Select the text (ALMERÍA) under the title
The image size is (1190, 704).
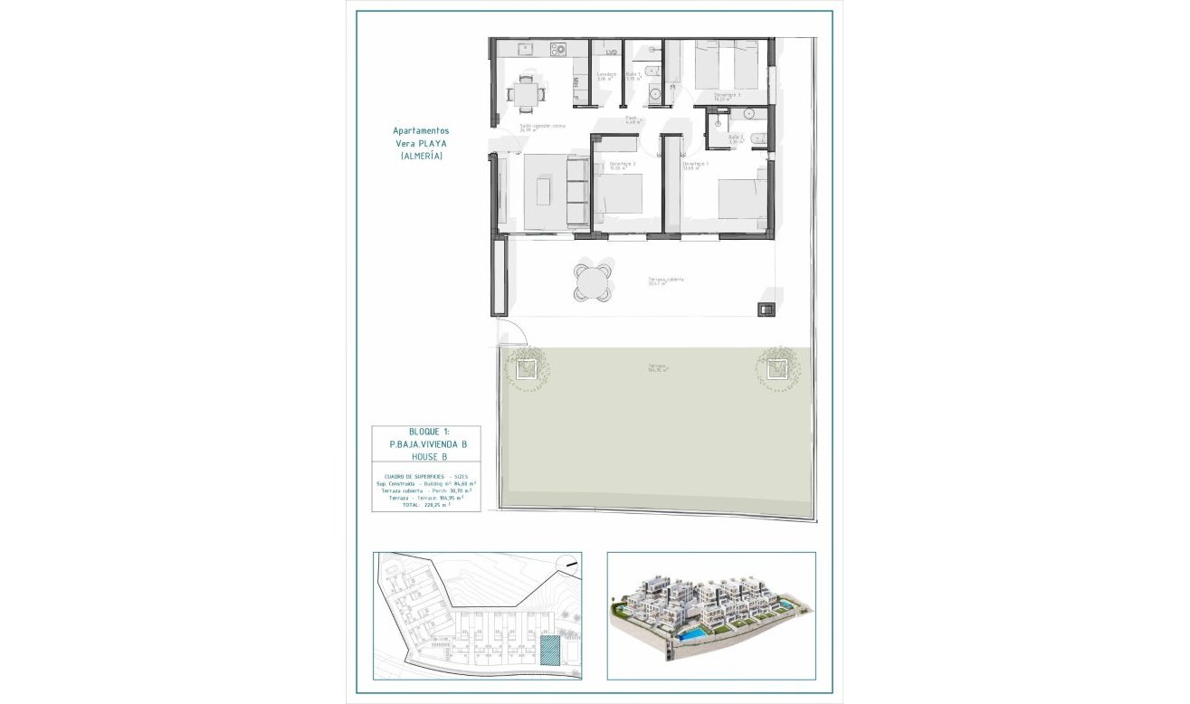click(x=422, y=156)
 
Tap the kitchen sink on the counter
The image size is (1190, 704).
click(x=524, y=49)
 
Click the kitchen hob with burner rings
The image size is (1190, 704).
click(x=558, y=49)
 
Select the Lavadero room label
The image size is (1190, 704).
click(x=606, y=75)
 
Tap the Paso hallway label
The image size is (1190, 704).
click(x=632, y=119)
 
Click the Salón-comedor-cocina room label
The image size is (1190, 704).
click(x=542, y=127)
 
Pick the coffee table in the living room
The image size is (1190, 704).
click(x=544, y=190)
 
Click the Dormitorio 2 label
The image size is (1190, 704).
click(x=623, y=165)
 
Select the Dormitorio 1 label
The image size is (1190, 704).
click(x=695, y=165)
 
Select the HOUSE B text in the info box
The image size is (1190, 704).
click(x=424, y=457)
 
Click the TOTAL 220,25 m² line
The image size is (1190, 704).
click(x=425, y=504)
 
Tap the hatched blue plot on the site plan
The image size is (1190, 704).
click(x=548, y=651)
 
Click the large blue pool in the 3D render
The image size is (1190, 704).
click(x=694, y=637)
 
